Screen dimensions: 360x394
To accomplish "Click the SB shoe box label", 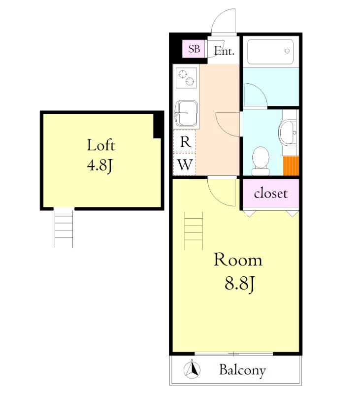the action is point(194,49).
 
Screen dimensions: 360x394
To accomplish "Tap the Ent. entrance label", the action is point(225,51).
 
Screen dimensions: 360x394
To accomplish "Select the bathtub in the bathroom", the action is point(270,52).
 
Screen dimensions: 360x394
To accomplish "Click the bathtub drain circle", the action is point(287,51).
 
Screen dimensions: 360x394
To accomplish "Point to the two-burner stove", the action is point(186,78).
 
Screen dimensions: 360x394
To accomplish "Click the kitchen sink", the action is point(186,113).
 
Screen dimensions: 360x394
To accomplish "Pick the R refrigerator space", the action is point(185,141).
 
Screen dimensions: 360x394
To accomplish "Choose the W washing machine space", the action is point(185,164).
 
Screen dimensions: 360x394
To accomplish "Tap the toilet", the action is point(261,161).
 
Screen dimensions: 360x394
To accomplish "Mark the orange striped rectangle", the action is point(291,165).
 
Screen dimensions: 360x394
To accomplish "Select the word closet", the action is point(270,194).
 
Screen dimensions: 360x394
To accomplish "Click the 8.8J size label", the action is point(240,284).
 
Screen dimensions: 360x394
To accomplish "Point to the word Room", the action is point(238,260).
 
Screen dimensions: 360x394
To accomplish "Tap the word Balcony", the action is point(242,370).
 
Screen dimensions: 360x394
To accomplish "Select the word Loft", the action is point(101,145).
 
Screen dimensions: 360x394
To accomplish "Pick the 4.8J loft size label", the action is point(99,166).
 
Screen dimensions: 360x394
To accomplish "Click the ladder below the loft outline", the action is point(64,228).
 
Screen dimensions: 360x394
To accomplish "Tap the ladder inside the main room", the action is point(194,230).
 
